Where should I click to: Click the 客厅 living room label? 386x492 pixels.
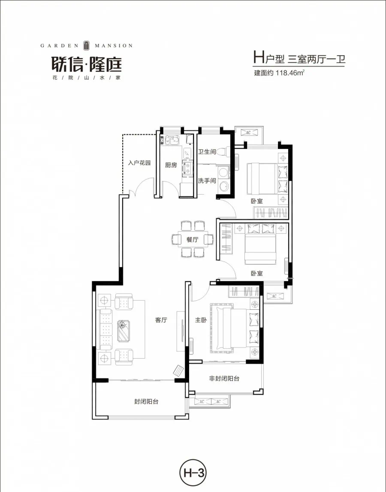pos(161,320)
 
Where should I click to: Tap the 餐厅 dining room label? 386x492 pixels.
pos(193,240)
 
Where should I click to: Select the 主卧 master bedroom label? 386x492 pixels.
pos(201,320)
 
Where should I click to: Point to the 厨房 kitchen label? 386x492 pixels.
pos(171,165)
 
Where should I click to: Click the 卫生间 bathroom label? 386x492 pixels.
pos(207,151)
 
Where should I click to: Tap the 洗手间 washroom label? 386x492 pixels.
pos(207,181)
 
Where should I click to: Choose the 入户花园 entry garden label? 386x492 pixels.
pos(140,163)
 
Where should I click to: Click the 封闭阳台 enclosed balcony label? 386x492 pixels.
pos(146,401)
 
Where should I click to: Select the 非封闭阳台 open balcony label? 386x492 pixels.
pos(224,378)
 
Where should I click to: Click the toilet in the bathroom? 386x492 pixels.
pos(223,151)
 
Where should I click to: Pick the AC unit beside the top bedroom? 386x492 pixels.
pos(248,133)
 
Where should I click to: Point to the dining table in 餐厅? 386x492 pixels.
pos(193,239)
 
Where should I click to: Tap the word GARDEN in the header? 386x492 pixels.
pos(59,46)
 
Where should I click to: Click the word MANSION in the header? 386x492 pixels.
pos(114,46)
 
